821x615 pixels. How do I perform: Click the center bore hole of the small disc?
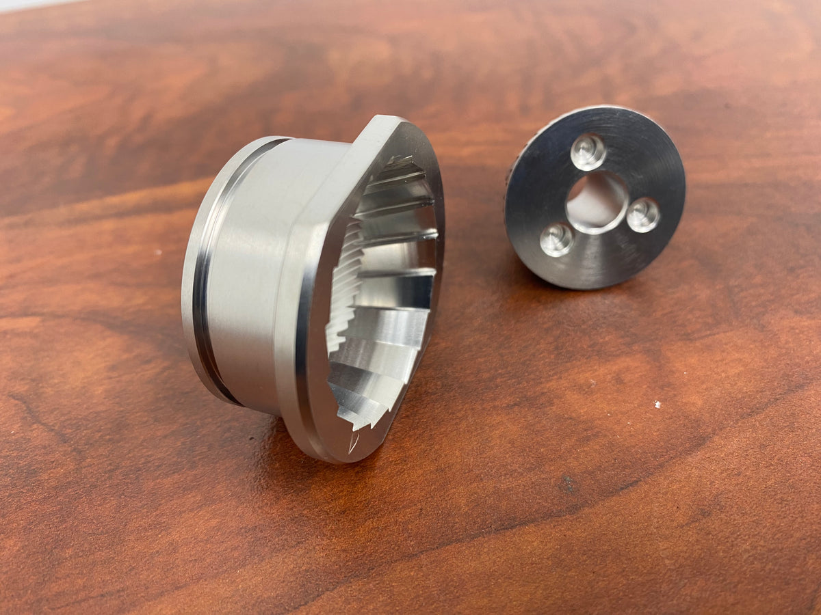click(596, 202)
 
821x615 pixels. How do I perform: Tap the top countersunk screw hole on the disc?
click(588, 152)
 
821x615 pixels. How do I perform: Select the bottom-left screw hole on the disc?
click(556, 240)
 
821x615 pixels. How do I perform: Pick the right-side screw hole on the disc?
click(643, 215)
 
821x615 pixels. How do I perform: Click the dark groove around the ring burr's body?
click(200, 273)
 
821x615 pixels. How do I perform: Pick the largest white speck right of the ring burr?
click(657, 405)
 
